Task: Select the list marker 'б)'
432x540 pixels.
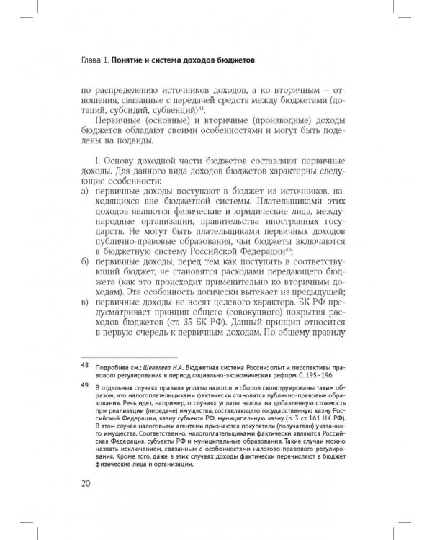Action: tap(86, 264)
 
